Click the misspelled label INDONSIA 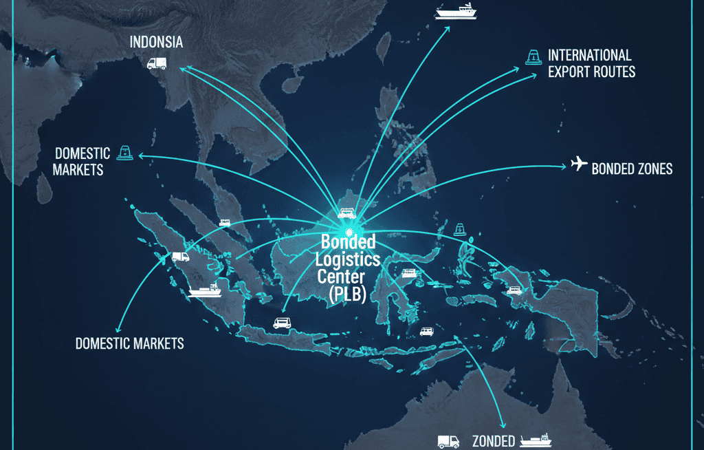coord(157,43)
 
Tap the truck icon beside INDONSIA coord(157,63)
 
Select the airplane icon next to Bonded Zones coord(579,164)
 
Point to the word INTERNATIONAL coord(589,55)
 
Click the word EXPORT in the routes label coord(569,72)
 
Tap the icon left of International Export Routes coord(531,57)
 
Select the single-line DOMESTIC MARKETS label coord(129,343)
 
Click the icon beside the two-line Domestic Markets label coord(124,153)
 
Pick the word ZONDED coord(492,441)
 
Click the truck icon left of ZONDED coord(448,441)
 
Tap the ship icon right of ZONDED coord(536,440)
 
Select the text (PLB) coord(347,294)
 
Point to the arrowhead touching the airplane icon coord(565,166)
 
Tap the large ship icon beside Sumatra coord(205,289)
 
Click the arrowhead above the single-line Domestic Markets coord(117,329)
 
